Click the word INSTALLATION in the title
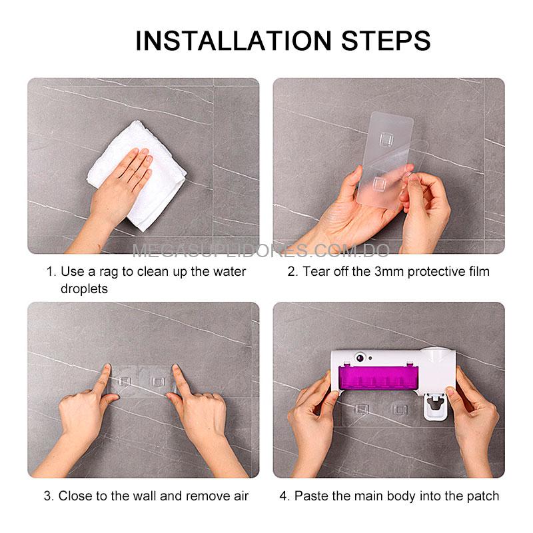[234, 41]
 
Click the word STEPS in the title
[386, 41]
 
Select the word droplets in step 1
[84, 289]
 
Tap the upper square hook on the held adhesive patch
[386, 139]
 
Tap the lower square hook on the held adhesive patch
[379, 185]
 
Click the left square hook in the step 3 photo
[124, 381]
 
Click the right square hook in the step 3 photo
[158, 382]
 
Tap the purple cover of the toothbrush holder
[378, 377]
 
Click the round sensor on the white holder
[360, 357]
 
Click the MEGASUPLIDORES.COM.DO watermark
[261, 251]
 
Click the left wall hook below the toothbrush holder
[361, 409]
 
